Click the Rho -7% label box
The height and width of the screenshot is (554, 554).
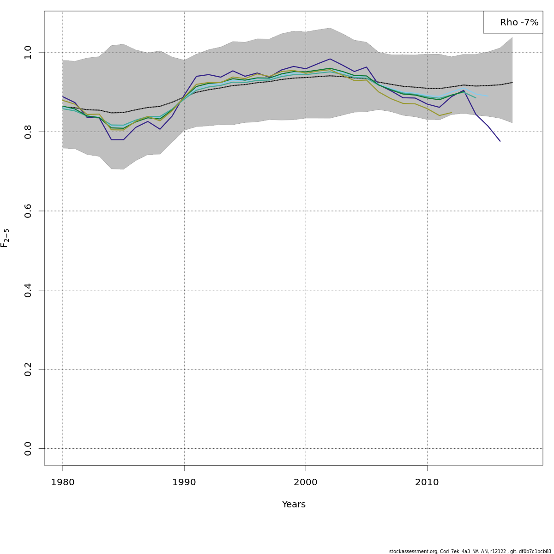512,22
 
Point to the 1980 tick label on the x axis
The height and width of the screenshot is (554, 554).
63,482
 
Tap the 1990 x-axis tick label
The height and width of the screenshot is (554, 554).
184,482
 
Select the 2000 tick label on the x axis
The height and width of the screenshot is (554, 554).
305,482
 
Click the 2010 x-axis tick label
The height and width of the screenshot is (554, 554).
427,482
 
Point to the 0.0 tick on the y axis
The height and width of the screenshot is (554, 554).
28,448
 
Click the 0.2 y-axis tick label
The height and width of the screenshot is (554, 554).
28,369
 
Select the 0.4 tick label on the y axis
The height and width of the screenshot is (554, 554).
28,290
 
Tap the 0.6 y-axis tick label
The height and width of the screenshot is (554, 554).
28,211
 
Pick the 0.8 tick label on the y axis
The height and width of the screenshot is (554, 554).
28,132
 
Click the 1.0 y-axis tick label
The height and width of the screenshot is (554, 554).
28,53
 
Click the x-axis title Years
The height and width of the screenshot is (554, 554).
294,505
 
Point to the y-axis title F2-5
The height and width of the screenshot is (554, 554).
5,238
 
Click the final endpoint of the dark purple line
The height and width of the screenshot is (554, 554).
500,141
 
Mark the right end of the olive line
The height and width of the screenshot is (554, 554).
452,112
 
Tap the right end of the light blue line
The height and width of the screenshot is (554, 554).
488,96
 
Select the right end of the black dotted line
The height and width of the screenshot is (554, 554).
512,83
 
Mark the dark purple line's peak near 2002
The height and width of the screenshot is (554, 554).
330,59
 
